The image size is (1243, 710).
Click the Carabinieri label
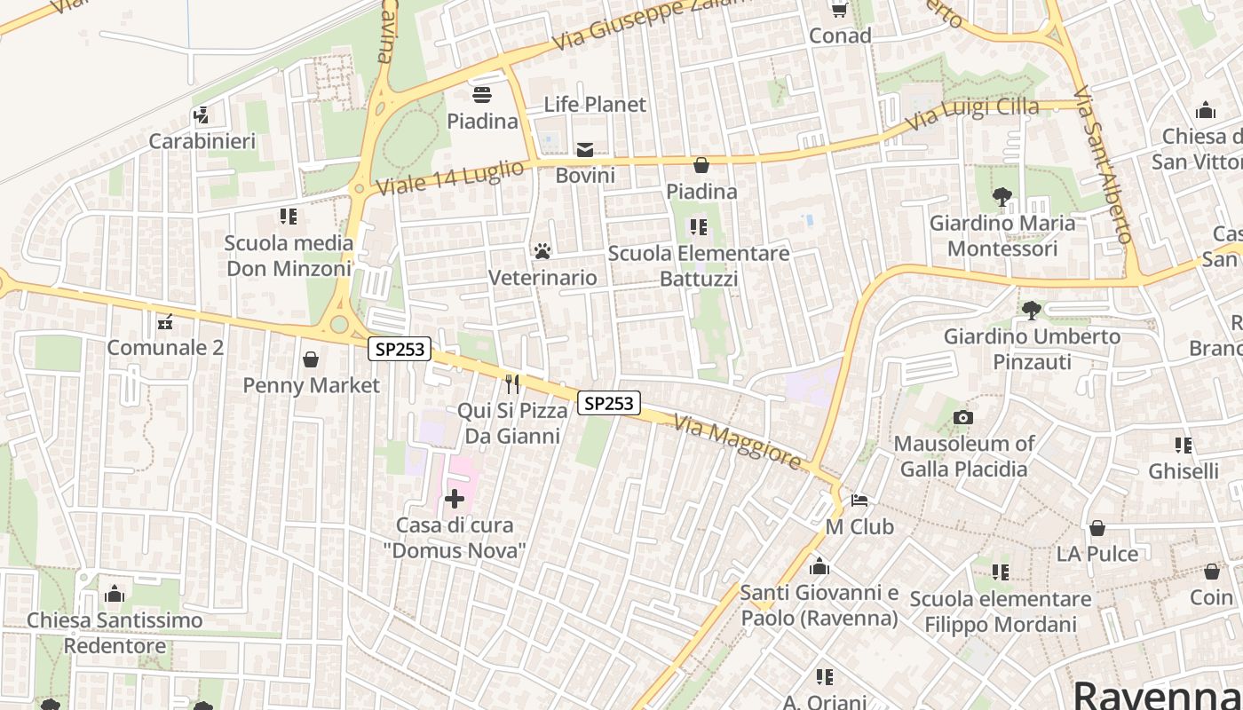click(x=202, y=141)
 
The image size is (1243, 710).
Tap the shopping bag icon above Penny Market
click(x=311, y=359)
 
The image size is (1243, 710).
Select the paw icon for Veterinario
click(x=542, y=252)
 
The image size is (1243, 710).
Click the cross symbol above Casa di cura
click(x=455, y=499)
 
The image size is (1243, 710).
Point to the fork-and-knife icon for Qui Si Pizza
click(x=512, y=383)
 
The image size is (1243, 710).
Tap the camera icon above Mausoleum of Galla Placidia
click(x=963, y=417)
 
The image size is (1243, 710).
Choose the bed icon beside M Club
click(x=859, y=501)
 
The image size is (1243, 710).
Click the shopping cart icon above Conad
click(x=839, y=10)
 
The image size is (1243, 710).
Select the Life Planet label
click(x=595, y=105)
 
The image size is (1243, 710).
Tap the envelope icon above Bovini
click(x=585, y=150)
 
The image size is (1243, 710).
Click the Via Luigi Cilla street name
click(x=971, y=113)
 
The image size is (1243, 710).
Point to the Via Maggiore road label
click(x=738, y=441)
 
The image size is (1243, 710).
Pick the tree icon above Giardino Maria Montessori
click(x=1002, y=197)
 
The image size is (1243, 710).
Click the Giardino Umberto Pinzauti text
click(x=1032, y=349)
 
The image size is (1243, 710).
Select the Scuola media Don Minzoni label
click(x=289, y=256)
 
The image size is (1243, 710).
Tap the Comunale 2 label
click(x=165, y=348)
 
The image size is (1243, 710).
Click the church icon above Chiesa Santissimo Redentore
click(x=114, y=594)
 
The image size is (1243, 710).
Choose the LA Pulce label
click(x=1097, y=554)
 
